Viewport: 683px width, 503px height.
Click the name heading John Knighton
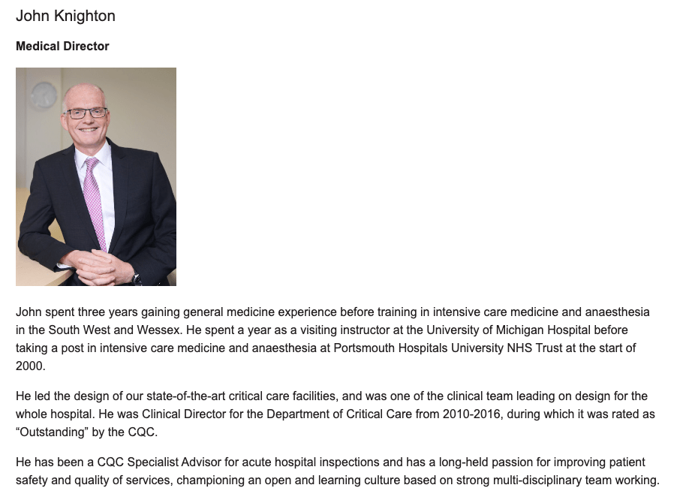65,16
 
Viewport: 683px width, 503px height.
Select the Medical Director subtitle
62,47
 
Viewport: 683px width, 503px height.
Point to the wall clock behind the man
43,96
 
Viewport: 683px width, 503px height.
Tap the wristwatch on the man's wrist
137,279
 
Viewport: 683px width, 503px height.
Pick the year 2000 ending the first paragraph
30,366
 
